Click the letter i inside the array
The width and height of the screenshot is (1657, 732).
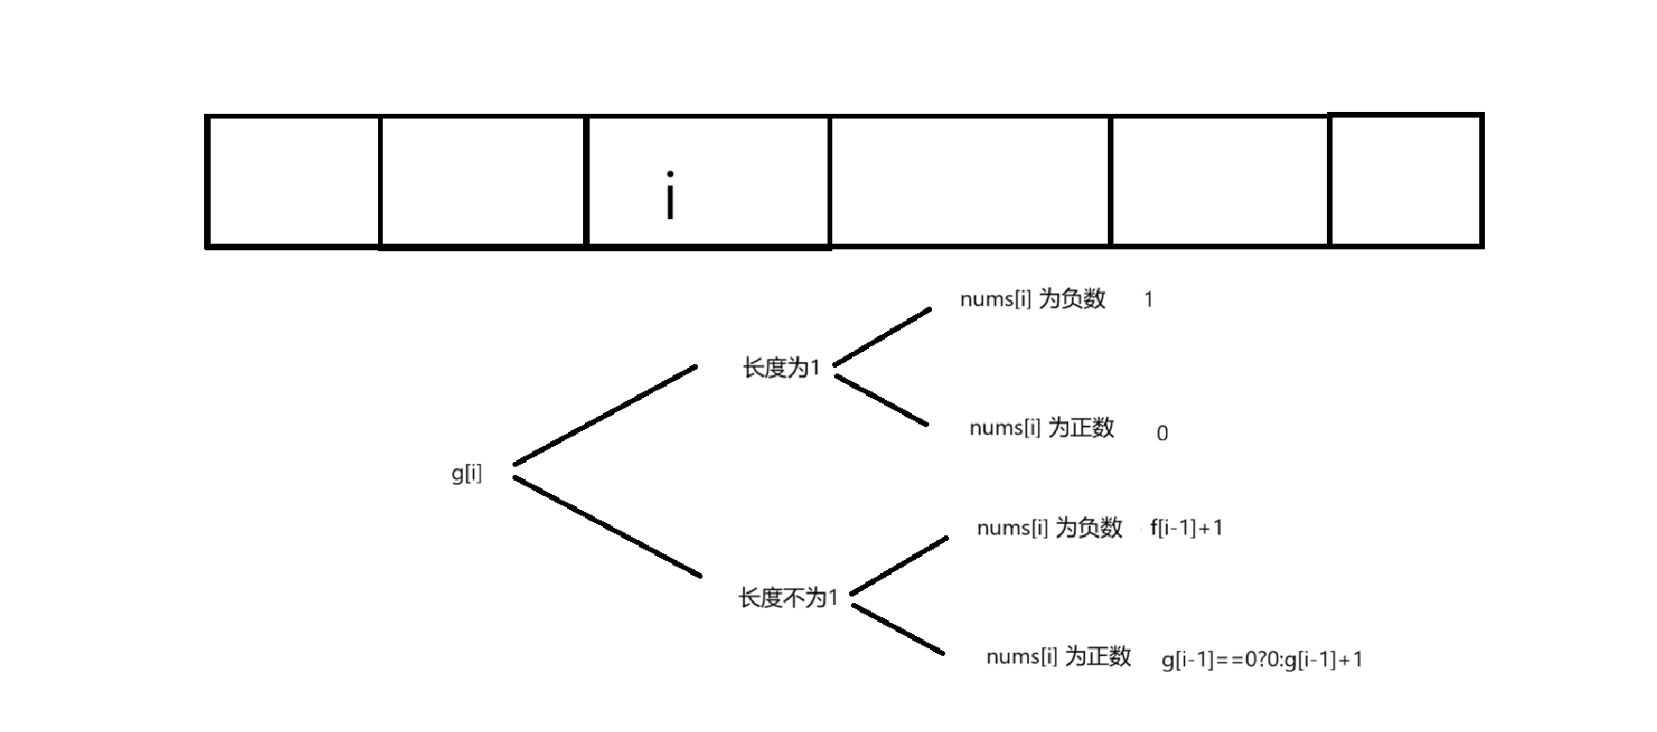click(x=670, y=196)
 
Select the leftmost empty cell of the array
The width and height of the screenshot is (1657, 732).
click(x=293, y=181)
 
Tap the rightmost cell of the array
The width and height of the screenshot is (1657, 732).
click(x=1406, y=181)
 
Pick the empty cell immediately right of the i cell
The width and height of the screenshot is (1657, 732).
click(x=970, y=181)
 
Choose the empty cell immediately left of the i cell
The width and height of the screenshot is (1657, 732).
click(x=482, y=181)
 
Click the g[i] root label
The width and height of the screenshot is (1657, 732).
click(x=466, y=473)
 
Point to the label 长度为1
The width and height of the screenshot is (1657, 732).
click(x=781, y=368)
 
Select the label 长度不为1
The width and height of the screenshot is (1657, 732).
click(x=788, y=597)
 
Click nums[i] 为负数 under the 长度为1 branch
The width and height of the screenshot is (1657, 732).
click(x=1033, y=299)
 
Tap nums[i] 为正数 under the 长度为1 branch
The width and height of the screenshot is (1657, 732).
click(x=1042, y=428)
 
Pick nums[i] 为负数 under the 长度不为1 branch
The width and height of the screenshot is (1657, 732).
click(x=1049, y=528)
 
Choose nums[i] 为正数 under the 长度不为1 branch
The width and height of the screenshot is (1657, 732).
click(x=1059, y=657)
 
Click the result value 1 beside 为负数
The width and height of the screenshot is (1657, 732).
click(x=1148, y=300)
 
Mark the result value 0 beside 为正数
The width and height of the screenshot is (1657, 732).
click(x=1162, y=434)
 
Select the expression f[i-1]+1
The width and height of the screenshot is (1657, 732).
click(x=1187, y=528)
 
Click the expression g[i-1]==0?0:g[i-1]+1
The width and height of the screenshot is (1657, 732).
click(x=1262, y=660)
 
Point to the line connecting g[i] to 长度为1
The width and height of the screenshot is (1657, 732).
click(x=605, y=414)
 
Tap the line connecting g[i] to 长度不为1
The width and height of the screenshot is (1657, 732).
click(x=608, y=527)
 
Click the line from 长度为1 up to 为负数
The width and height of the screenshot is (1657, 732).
click(x=882, y=336)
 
